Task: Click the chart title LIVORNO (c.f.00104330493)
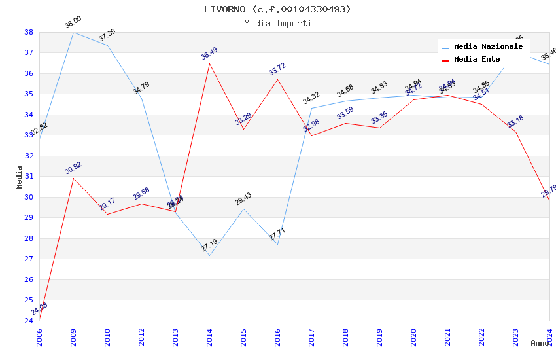[277, 9]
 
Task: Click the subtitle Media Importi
[277, 23]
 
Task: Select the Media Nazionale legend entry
[488, 47]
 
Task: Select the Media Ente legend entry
[477, 60]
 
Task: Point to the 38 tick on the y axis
[29, 32]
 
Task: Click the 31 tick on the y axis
[29, 177]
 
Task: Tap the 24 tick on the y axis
[29, 321]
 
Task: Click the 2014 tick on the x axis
[209, 334]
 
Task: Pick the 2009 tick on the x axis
[73, 334]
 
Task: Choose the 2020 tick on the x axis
[413, 334]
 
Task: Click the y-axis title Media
[19, 177]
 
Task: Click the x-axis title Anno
[540, 343]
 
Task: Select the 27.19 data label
[209, 245]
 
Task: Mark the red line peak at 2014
[209, 63]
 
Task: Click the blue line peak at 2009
[73, 32]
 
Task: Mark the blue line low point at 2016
[277, 244]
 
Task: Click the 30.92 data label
[73, 168]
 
